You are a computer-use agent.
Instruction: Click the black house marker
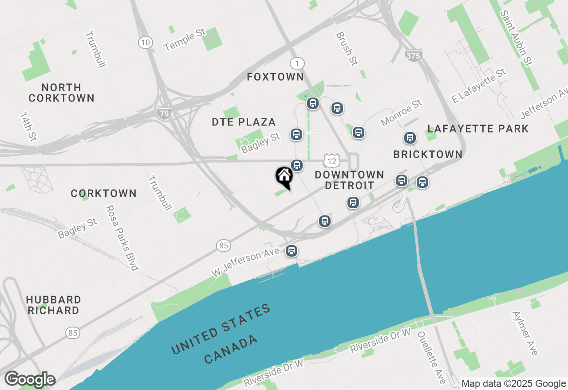[284, 176]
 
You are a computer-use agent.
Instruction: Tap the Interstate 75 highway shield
[164, 113]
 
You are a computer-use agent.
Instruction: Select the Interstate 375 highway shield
[413, 55]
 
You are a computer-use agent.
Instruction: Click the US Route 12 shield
[331, 161]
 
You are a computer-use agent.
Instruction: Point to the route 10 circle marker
[146, 43]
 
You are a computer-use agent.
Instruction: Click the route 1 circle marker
[297, 63]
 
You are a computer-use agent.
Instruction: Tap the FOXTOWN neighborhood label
[275, 77]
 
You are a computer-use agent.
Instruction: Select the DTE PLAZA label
[244, 122]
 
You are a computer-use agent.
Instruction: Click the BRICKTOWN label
[428, 154]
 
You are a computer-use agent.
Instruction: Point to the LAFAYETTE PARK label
[478, 129]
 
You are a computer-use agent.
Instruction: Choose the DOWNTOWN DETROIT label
[349, 180]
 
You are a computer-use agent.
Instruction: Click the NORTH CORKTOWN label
[61, 93]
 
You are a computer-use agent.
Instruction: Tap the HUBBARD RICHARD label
[53, 305]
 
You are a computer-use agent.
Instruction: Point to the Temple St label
[185, 39]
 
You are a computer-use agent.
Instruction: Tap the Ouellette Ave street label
[431, 358]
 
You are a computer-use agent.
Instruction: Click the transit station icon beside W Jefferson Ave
[292, 251]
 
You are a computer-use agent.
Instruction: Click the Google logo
[29, 379]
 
